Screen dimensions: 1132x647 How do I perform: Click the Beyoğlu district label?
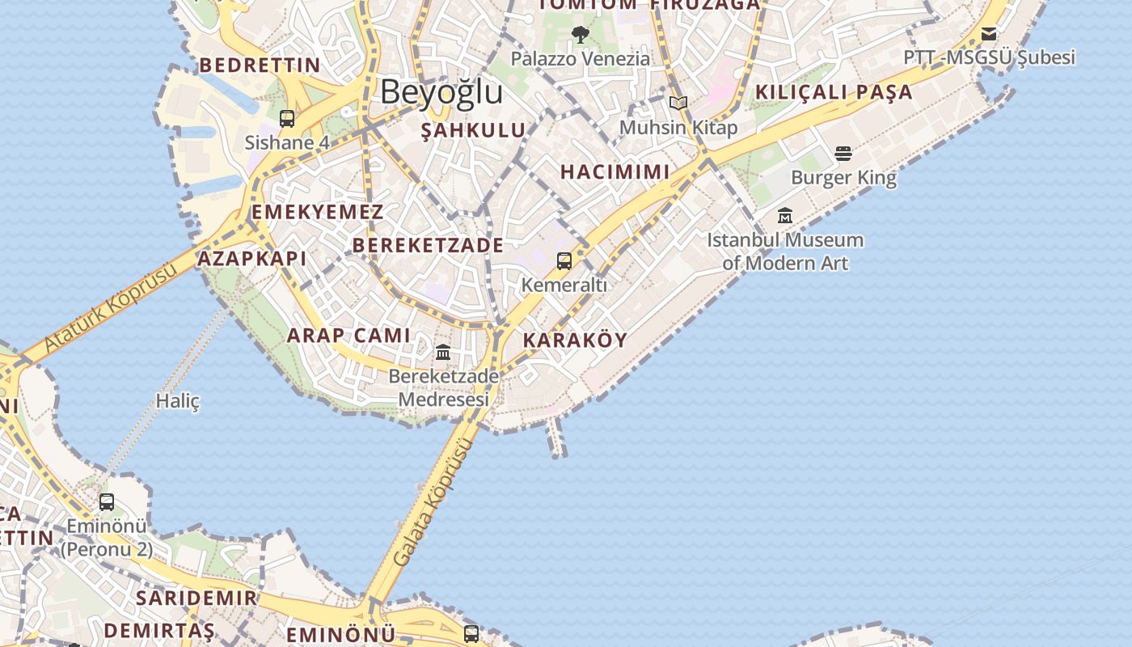[441, 92]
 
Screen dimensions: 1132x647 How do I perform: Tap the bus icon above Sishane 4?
[287, 119]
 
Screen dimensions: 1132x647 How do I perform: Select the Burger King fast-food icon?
[843, 154]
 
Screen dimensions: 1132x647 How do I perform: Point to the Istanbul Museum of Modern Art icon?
[785, 216]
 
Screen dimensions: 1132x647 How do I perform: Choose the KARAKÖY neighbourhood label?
[575, 340]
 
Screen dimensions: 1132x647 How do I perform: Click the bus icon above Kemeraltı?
[564, 261]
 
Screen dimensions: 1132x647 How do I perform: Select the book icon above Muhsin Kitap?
[678, 104]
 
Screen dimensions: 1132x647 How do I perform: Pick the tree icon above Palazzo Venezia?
[580, 35]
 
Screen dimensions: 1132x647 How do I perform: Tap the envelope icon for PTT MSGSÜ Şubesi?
[989, 34]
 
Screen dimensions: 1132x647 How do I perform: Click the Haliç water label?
[178, 401]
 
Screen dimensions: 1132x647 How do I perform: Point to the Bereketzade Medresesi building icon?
[443, 353]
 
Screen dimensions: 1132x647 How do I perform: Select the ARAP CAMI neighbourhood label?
[348, 336]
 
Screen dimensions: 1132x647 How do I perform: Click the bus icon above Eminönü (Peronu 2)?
[107, 502]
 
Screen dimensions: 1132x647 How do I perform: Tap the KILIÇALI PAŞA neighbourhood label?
[834, 92]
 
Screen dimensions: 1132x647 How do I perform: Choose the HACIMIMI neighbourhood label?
[615, 171]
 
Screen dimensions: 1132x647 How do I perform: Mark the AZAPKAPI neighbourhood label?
[252, 259]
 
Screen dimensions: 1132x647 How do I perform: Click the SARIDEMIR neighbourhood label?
[196, 598]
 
